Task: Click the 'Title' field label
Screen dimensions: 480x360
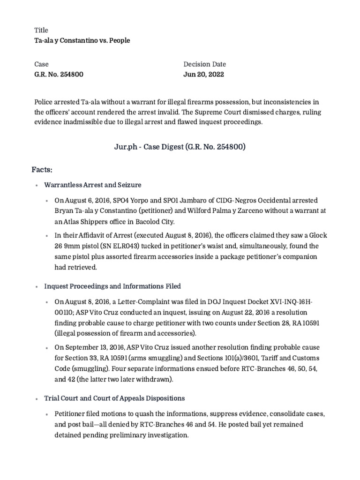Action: pyautogui.click(x=41, y=30)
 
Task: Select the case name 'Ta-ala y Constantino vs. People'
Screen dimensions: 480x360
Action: pyautogui.click(x=82, y=40)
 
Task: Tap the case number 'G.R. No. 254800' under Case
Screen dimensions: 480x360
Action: pyautogui.click(x=59, y=75)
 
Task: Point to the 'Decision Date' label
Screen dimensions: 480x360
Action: pyautogui.click(x=204, y=64)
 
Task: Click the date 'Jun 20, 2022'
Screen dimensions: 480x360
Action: pyautogui.click(x=203, y=75)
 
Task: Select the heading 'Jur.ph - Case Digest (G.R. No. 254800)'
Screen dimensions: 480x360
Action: pyautogui.click(x=180, y=147)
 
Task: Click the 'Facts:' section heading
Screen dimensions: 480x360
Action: pyautogui.click(x=42, y=168)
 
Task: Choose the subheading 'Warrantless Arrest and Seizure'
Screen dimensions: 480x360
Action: pyautogui.click(x=93, y=185)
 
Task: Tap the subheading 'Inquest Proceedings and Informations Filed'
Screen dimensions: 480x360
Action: pyautogui.click(x=112, y=286)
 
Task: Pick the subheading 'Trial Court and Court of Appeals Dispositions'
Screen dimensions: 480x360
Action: pyautogui.click(x=114, y=398)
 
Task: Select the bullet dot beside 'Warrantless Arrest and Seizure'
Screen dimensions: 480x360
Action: pyautogui.click(x=37, y=185)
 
